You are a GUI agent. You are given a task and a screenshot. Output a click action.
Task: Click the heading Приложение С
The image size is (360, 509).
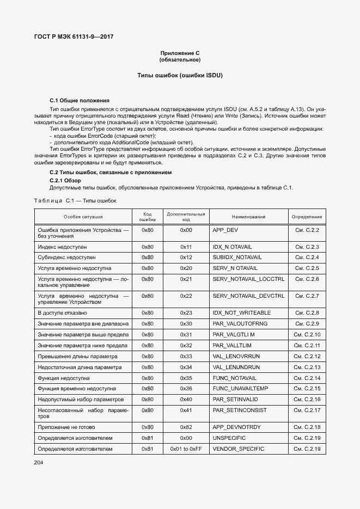180,53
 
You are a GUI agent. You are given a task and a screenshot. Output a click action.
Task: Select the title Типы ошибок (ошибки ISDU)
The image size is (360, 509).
180,75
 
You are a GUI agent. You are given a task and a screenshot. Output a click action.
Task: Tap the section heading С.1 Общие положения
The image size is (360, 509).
80,101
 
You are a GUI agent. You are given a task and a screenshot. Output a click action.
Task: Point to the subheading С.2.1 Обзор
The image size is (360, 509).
65,180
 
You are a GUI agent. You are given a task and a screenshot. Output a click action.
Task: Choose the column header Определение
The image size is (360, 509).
307,217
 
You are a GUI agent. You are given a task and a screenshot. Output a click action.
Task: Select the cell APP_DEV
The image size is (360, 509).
225,230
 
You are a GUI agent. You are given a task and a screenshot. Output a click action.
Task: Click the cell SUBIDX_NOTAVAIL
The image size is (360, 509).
235,257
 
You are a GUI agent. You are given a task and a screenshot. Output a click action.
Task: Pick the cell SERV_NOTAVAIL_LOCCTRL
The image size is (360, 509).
248,279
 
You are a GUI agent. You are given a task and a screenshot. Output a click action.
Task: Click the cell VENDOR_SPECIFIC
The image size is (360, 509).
238,449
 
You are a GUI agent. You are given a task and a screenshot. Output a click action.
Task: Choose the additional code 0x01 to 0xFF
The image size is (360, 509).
186,449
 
